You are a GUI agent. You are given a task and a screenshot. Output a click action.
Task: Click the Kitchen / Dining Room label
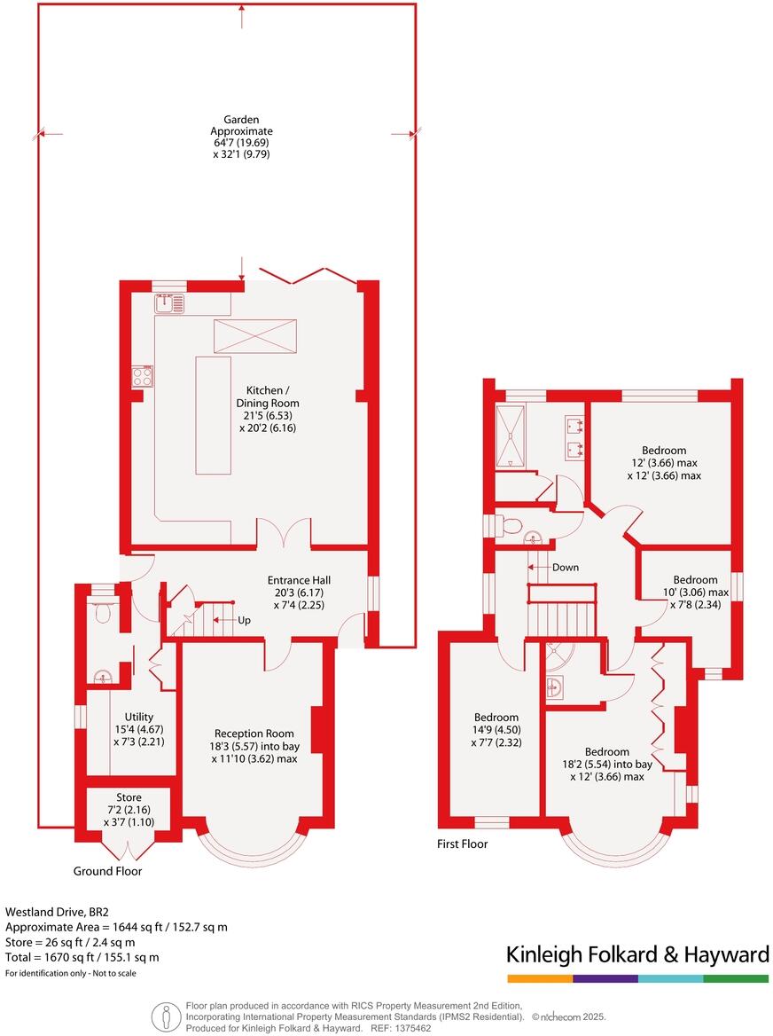[266, 409]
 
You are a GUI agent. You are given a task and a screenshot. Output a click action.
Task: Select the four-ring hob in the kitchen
[142, 377]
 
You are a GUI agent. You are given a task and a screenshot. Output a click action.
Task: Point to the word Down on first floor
[565, 567]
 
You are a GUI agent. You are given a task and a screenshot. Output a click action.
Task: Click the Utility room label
[139, 729]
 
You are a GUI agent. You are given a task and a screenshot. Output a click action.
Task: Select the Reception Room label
[254, 746]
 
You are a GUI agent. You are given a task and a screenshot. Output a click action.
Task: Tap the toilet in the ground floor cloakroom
[103, 611]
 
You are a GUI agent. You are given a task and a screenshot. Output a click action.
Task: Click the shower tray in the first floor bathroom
[511, 435]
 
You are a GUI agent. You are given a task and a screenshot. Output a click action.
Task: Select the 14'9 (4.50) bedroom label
[496, 730]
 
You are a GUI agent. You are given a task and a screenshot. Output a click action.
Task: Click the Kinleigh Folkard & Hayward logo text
[636, 954]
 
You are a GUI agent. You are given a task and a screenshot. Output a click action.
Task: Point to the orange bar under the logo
[539, 978]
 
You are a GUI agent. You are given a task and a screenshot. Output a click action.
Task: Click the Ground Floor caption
[107, 871]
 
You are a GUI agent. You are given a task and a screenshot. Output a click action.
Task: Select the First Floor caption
[463, 844]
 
